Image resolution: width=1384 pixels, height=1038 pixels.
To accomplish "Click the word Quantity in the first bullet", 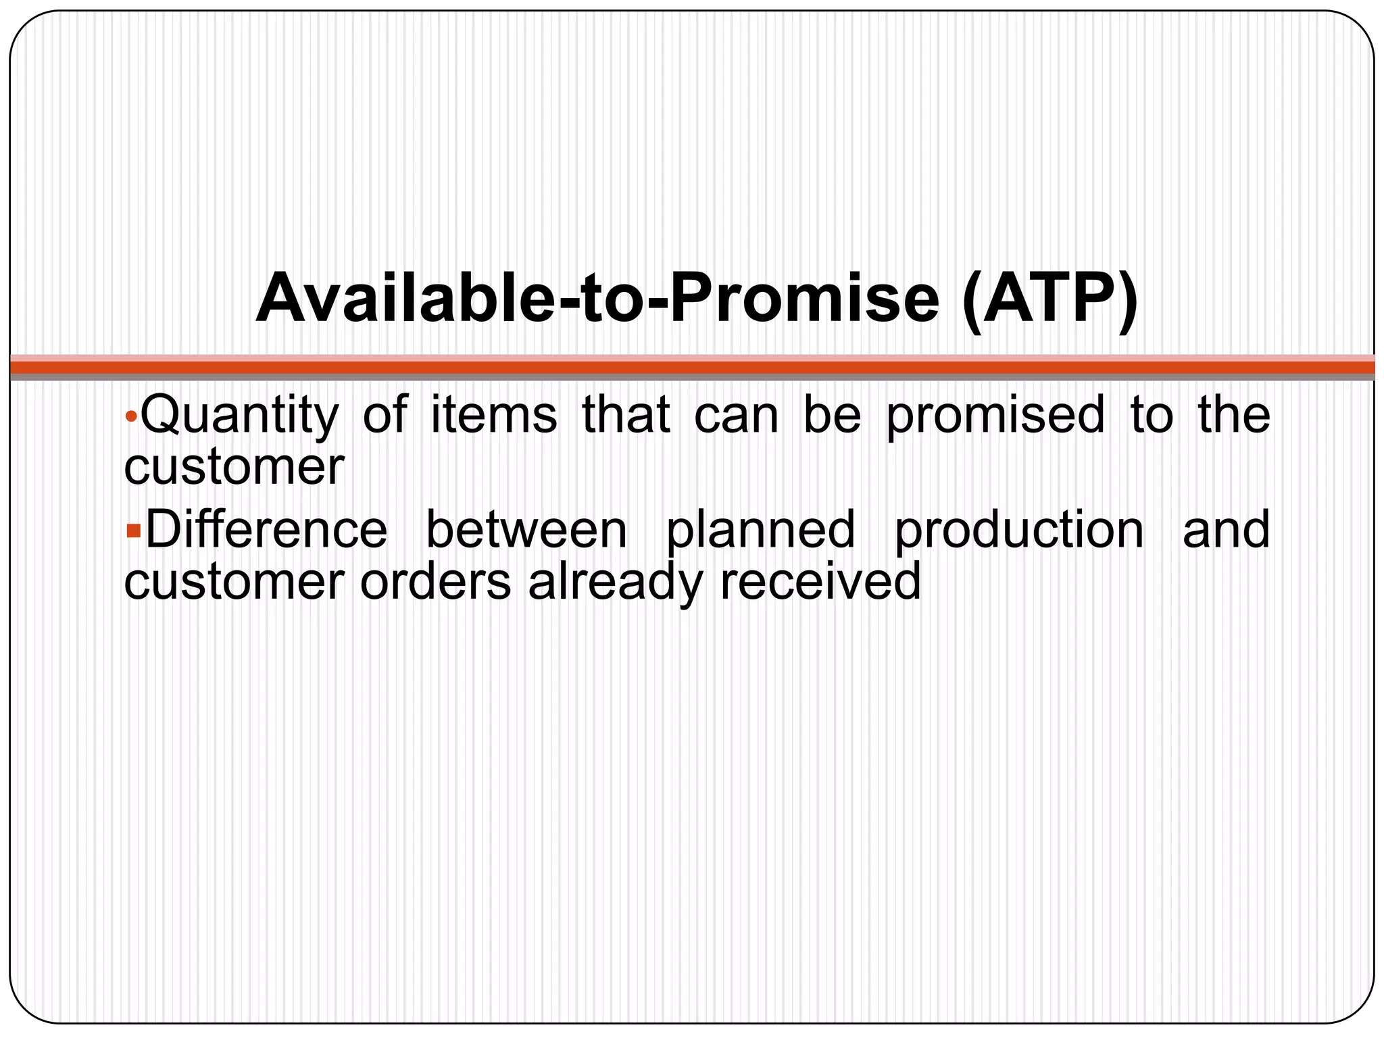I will [239, 415].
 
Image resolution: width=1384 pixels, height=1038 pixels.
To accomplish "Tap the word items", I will [493, 414].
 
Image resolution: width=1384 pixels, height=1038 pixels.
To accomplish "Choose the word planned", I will [760, 531].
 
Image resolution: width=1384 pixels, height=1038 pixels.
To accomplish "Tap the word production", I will [1019, 531].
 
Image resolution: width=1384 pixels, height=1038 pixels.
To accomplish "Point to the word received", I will [820, 581].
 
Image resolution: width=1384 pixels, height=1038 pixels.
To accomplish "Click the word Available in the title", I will [405, 298].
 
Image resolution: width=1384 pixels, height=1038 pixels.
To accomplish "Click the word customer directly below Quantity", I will [234, 467].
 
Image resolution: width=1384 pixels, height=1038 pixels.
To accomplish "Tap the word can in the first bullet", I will [736, 415].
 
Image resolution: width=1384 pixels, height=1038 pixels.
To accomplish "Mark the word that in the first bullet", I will [626, 414].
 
